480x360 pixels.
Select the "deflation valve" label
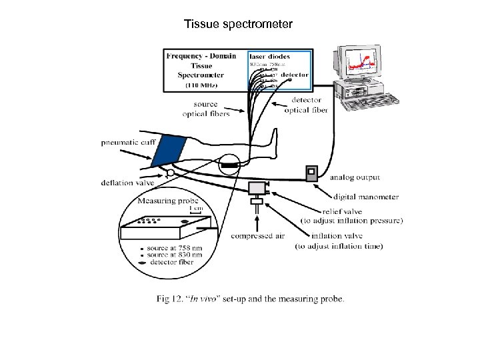click(127, 183)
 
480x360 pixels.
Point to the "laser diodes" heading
click(269, 57)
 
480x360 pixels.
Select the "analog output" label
click(355, 177)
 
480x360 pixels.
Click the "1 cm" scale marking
click(196, 208)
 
